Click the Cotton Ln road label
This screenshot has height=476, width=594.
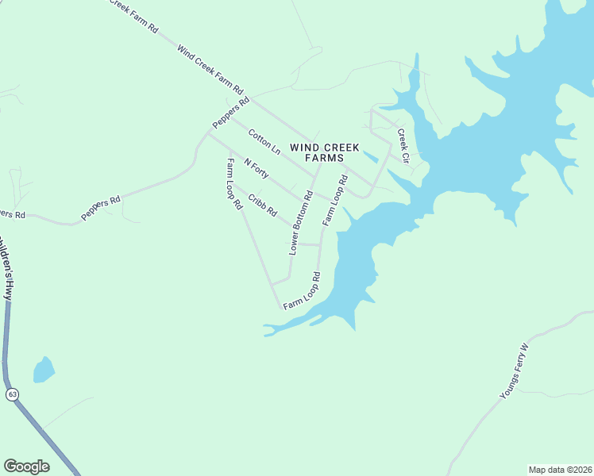pyautogui.click(x=264, y=142)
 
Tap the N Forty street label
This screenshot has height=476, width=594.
pyautogui.click(x=256, y=168)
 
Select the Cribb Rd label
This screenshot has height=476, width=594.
pyautogui.click(x=262, y=205)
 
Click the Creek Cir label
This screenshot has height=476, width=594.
pyautogui.click(x=403, y=146)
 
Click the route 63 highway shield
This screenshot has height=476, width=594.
pyautogui.click(x=11, y=394)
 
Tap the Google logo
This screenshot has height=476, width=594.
pyautogui.click(x=26, y=466)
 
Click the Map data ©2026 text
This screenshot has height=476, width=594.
pyautogui.click(x=560, y=470)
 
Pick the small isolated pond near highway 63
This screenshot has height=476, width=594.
pyautogui.click(x=43, y=370)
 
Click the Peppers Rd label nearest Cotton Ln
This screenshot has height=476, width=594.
pyautogui.click(x=231, y=113)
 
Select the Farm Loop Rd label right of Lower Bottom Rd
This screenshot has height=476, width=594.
pyautogui.click(x=335, y=200)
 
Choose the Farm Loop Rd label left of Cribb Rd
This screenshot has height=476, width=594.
pyautogui.click(x=233, y=183)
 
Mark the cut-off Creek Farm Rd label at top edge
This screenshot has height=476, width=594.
pyautogui.click(x=133, y=15)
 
